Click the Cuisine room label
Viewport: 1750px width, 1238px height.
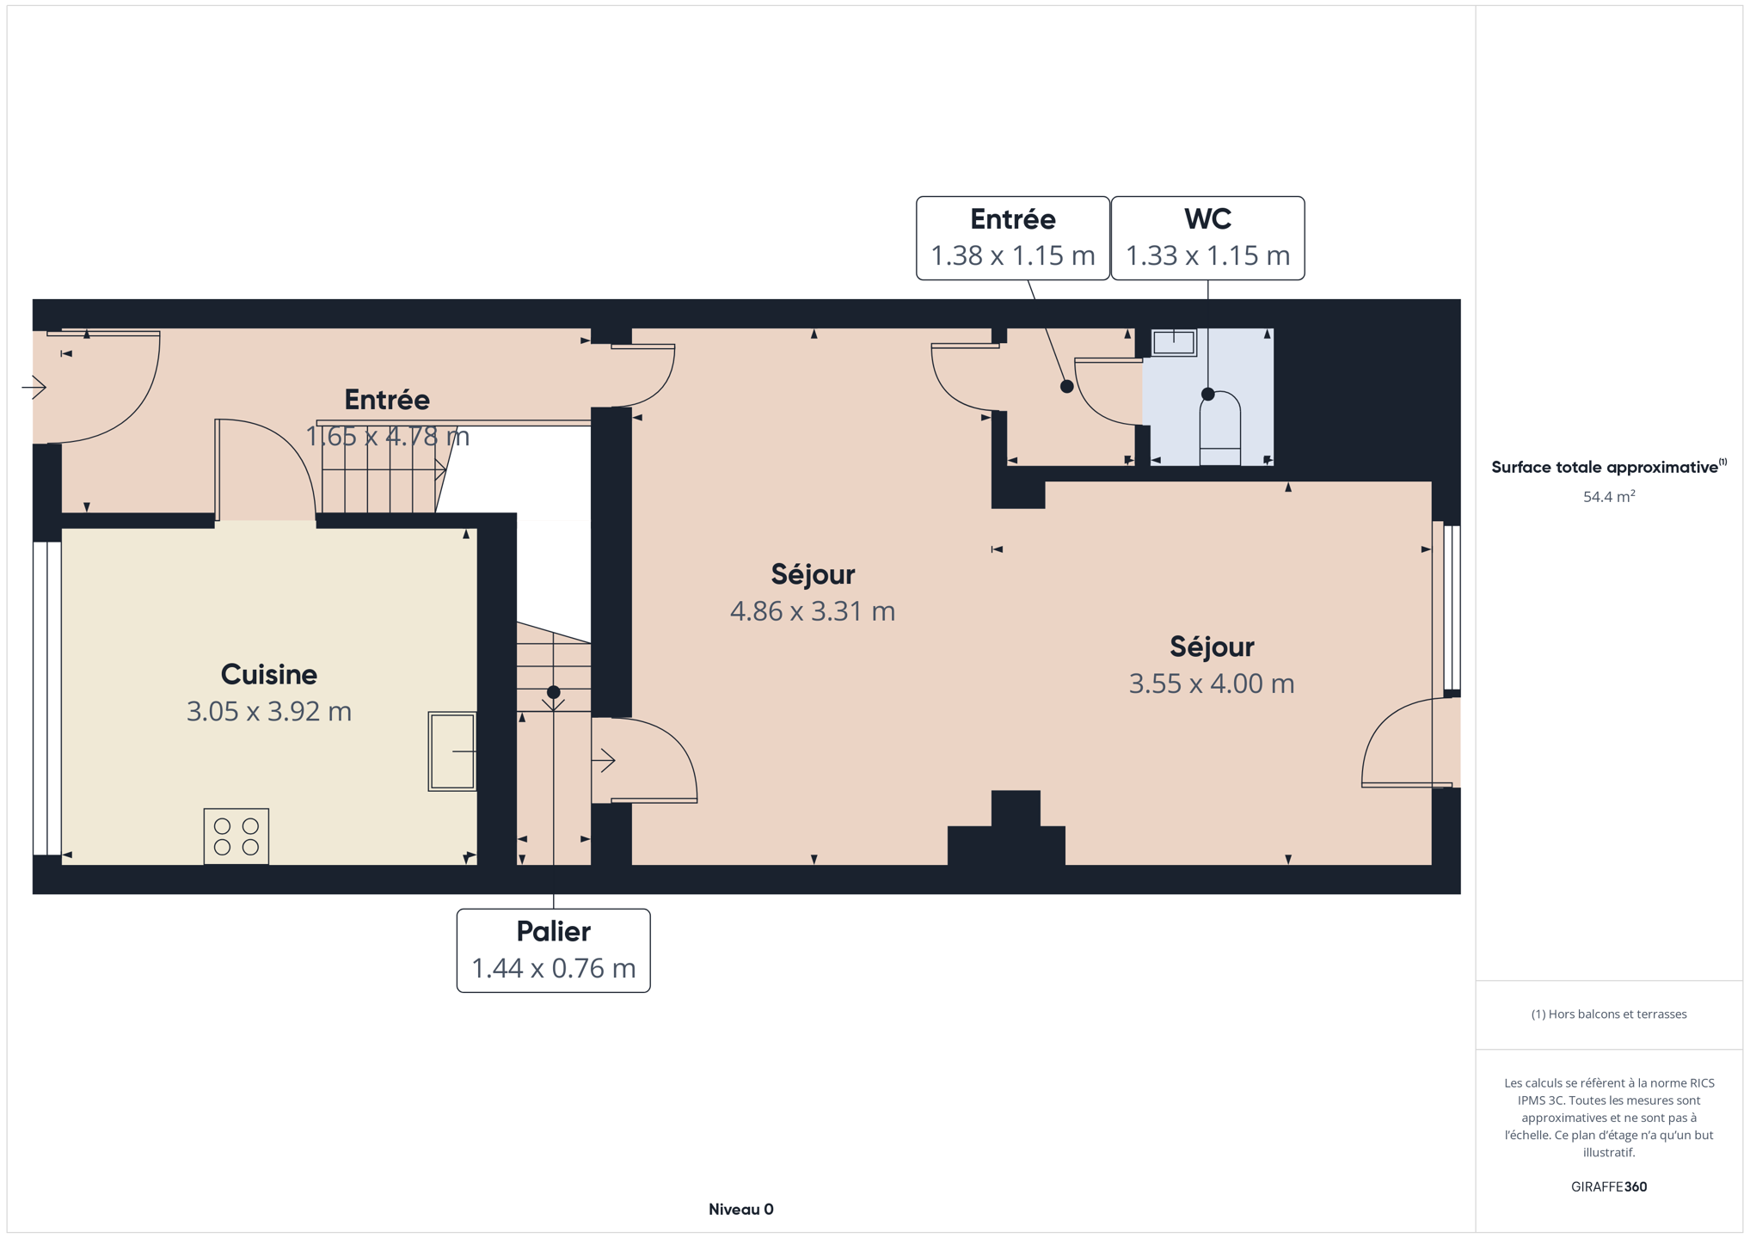[268, 674]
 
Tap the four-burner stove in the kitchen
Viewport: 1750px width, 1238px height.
[236, 837]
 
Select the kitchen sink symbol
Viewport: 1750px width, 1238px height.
[452, 751]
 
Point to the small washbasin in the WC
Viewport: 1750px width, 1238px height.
[1174, 342]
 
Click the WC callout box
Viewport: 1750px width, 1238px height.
[1207, 238]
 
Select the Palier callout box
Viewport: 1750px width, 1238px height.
[553, 951]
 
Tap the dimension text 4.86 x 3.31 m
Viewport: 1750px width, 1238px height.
[813, 611]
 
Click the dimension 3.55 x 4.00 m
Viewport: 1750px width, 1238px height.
[1212, 683]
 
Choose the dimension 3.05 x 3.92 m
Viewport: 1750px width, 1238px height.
[269, 712]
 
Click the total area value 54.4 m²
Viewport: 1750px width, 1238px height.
[1609, 496]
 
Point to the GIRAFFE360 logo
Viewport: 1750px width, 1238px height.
[1609, 1186]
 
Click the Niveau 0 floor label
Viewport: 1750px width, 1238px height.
[741, 1210]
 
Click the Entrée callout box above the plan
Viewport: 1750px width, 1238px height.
[1013, 238]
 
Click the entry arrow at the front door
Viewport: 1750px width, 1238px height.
[34, 388]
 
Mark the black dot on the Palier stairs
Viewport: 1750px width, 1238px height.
[554, 692]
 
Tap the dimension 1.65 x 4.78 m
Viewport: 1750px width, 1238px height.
[388, 437]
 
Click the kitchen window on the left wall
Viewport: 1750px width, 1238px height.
[47, 698]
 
